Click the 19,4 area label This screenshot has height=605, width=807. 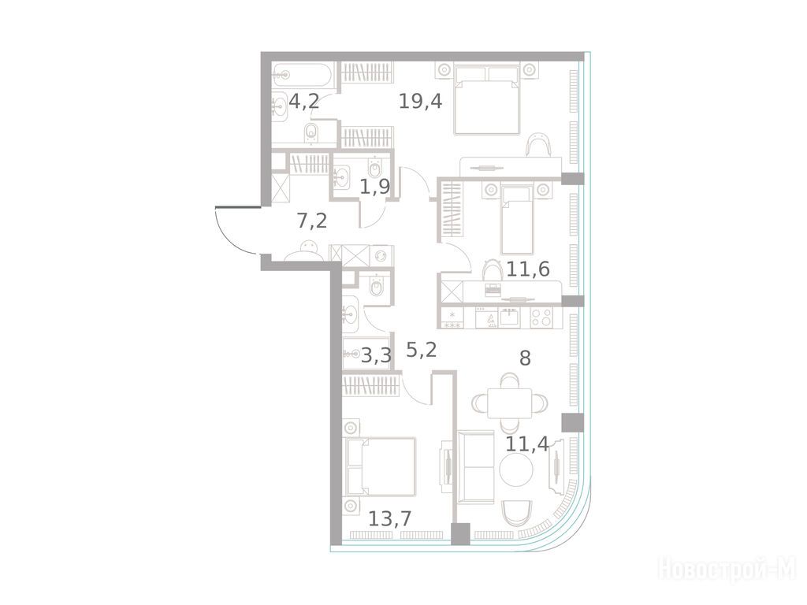tap(421, 102)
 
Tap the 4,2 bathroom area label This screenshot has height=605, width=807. tap(304, 101)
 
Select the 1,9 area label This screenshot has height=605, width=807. tap(374, 187)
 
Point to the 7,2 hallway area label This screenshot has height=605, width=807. tap(312, 221)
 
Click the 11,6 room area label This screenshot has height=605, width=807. tap(528, 269)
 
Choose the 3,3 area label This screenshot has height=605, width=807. tap(376, 355)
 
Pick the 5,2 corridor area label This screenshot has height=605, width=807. tap(422, 350)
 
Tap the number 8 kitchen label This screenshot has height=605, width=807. tap(525, 358)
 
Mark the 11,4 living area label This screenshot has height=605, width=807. tap(527, 444)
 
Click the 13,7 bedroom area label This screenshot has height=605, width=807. tap(390, 518)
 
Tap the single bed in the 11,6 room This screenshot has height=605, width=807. tap(516, 221)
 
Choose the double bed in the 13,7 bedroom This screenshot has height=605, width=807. tap(381, 466)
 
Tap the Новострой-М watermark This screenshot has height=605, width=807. tap(727, 570)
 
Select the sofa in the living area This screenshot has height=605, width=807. tap(475, 467)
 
